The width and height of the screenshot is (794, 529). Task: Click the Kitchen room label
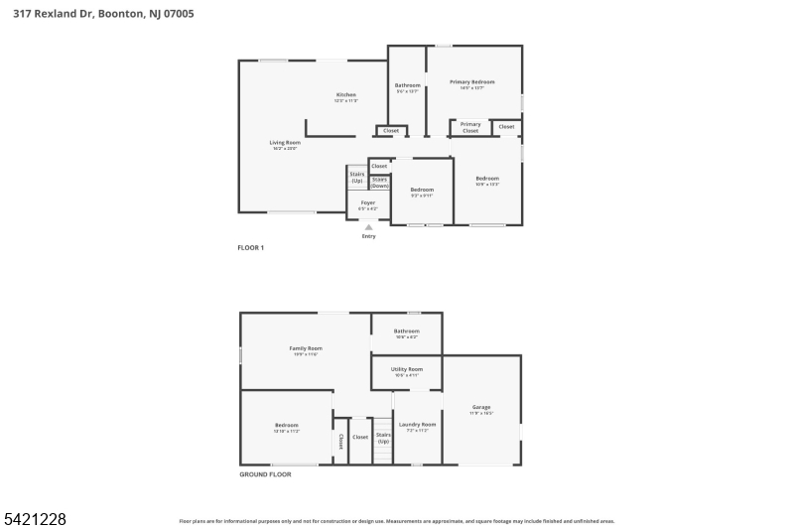[x=345, y=95]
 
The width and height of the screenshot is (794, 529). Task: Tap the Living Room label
[x=284, y=143]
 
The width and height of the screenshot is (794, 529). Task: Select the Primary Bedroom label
[x=471, y=82]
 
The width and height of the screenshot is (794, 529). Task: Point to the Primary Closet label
[x=470, y=127]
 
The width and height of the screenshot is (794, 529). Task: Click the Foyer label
[x=367, y=203]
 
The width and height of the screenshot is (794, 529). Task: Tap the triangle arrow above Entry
[x=369, y=227]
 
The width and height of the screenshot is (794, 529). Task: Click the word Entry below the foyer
[x=369, y=236]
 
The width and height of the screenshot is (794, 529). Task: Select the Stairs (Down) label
[x=379, y=182]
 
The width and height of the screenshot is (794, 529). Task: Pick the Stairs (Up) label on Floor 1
[x=357, y=177]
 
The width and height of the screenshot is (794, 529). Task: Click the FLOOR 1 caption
[x=250, y=246]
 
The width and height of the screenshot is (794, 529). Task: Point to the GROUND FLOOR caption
[x=265, y=474]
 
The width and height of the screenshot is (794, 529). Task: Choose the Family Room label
[x=306, y=349]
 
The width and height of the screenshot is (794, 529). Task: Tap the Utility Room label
[x=407, y=370]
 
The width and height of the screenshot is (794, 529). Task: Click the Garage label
[x=481, y=408]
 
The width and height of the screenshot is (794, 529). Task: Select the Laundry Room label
[x=417, y=425]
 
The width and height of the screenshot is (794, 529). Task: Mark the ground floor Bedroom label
[x=286, y=426]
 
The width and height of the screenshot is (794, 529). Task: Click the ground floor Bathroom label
[x=407, y=331]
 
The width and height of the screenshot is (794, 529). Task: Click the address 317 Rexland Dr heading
[x=110, y=13]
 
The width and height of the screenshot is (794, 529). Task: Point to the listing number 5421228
[x=35, y=518]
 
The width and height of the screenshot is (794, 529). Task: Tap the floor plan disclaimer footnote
[x=397, y=520]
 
